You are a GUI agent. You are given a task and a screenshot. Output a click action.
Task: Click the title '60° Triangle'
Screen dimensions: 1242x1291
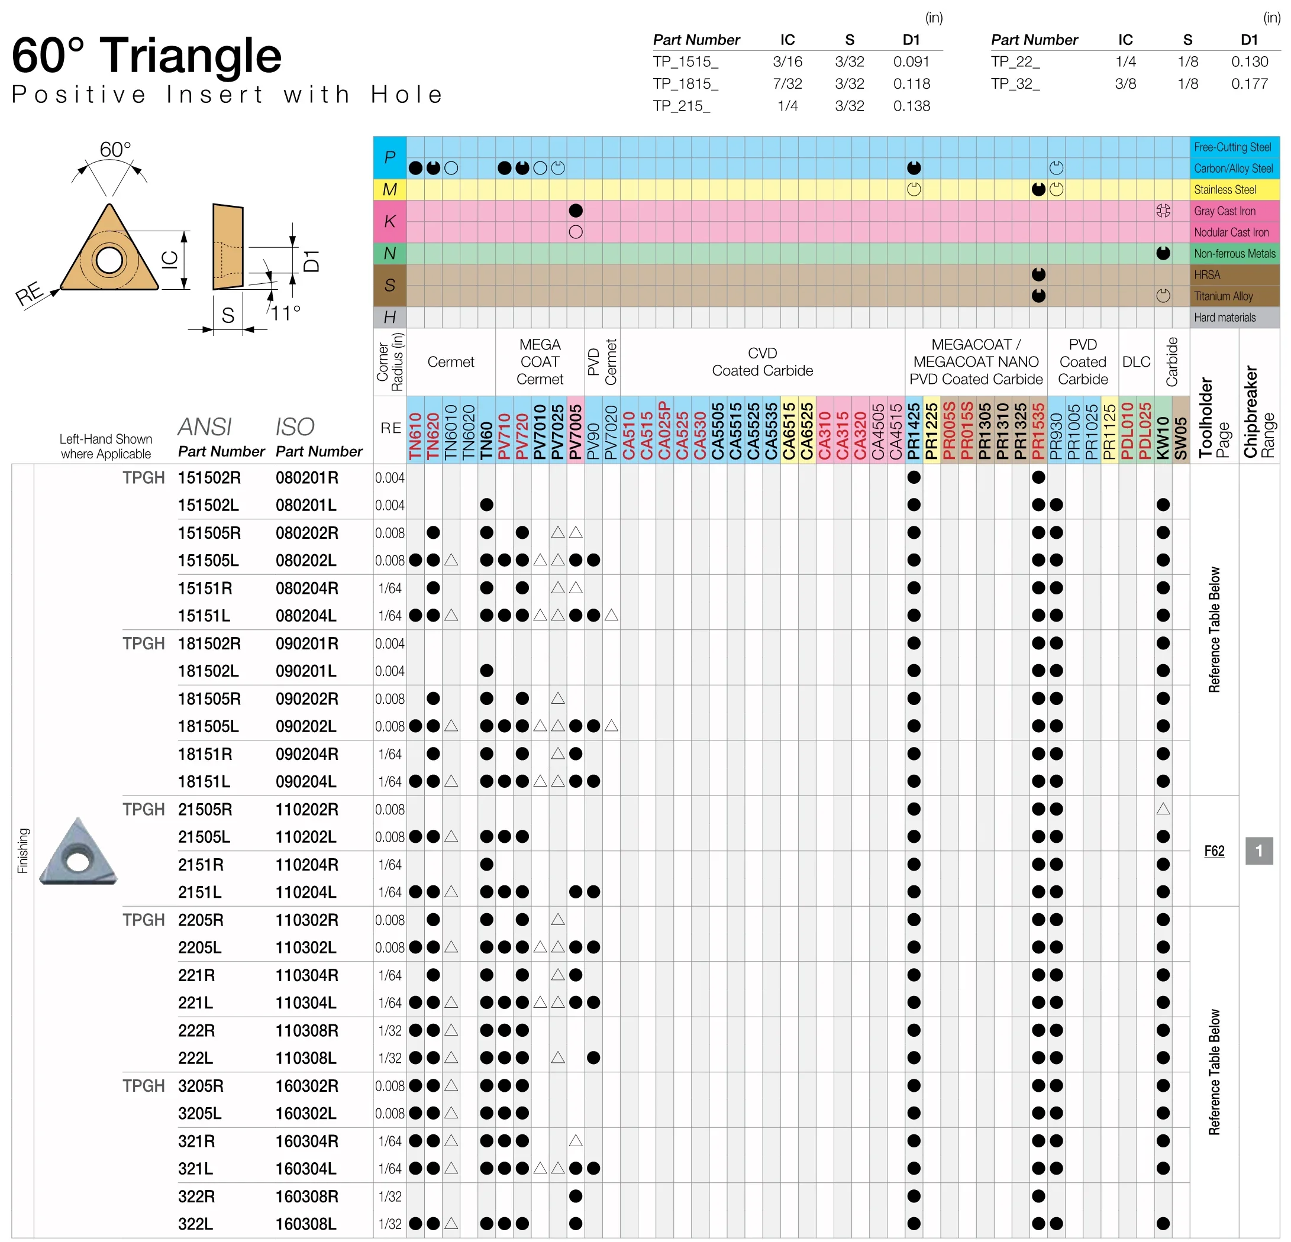coord(147,56)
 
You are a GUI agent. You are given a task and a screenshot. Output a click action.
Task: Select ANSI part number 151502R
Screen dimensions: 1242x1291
coord(209,477)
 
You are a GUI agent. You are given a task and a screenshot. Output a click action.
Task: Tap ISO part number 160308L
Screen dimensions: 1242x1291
coord(306,1224)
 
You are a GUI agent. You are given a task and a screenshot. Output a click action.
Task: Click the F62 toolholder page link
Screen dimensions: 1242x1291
coord(1214,851)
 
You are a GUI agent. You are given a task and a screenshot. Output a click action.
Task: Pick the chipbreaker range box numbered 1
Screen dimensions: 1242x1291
coord(1258,851)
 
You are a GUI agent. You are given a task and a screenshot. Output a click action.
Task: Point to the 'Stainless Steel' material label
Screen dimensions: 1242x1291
coord(1225,190)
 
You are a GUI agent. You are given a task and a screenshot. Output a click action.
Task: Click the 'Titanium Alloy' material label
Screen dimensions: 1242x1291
coord(1223,296)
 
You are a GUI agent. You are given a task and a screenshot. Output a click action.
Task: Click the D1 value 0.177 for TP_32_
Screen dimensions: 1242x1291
coord(1249,83)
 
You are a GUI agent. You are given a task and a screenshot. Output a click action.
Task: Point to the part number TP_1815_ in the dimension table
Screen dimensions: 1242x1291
coord(685,83)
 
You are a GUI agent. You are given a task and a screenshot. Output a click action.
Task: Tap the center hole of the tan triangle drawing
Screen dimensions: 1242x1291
coord(109,260)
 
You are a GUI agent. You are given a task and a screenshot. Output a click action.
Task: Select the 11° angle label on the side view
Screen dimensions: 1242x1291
coord(286,313)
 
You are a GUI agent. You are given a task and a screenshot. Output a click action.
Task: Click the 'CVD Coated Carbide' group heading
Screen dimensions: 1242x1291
coord(762,361)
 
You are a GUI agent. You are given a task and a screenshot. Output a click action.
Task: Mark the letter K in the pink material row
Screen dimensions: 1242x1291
coord(389,221)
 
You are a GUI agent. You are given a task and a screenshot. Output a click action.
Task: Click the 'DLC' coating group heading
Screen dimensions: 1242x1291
coord(1135,361)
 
